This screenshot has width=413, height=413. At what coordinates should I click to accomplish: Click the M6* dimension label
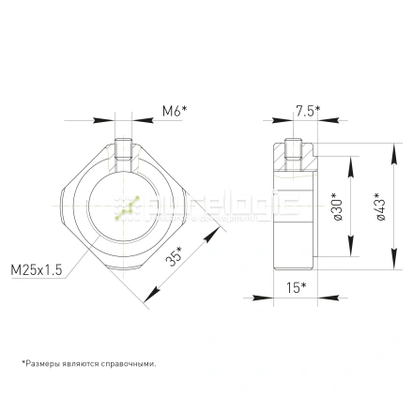point(174,111)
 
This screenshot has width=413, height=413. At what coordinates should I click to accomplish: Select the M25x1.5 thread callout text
point(37,269)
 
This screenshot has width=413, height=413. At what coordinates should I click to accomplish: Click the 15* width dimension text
point(296,286)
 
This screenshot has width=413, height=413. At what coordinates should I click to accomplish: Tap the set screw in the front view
point(125,150)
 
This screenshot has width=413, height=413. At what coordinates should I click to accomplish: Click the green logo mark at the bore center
point(126,207)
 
